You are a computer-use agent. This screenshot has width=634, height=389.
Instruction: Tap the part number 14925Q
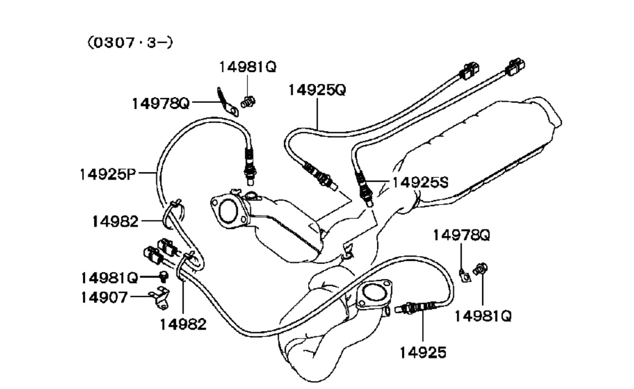[316, 89]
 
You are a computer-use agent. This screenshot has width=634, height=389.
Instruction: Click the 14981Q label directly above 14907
[109, 276]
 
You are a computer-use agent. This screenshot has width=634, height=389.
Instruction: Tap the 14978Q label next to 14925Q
[161, 103]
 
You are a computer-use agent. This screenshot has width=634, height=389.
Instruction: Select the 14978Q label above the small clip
[461, 235]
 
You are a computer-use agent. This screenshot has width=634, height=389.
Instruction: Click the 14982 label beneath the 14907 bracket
[183, 324]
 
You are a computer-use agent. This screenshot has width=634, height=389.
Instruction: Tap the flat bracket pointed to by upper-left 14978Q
[227, 101]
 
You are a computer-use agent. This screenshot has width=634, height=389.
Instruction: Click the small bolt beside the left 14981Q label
[164, 276]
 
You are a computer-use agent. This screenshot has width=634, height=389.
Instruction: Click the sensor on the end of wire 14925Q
[320, 177]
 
